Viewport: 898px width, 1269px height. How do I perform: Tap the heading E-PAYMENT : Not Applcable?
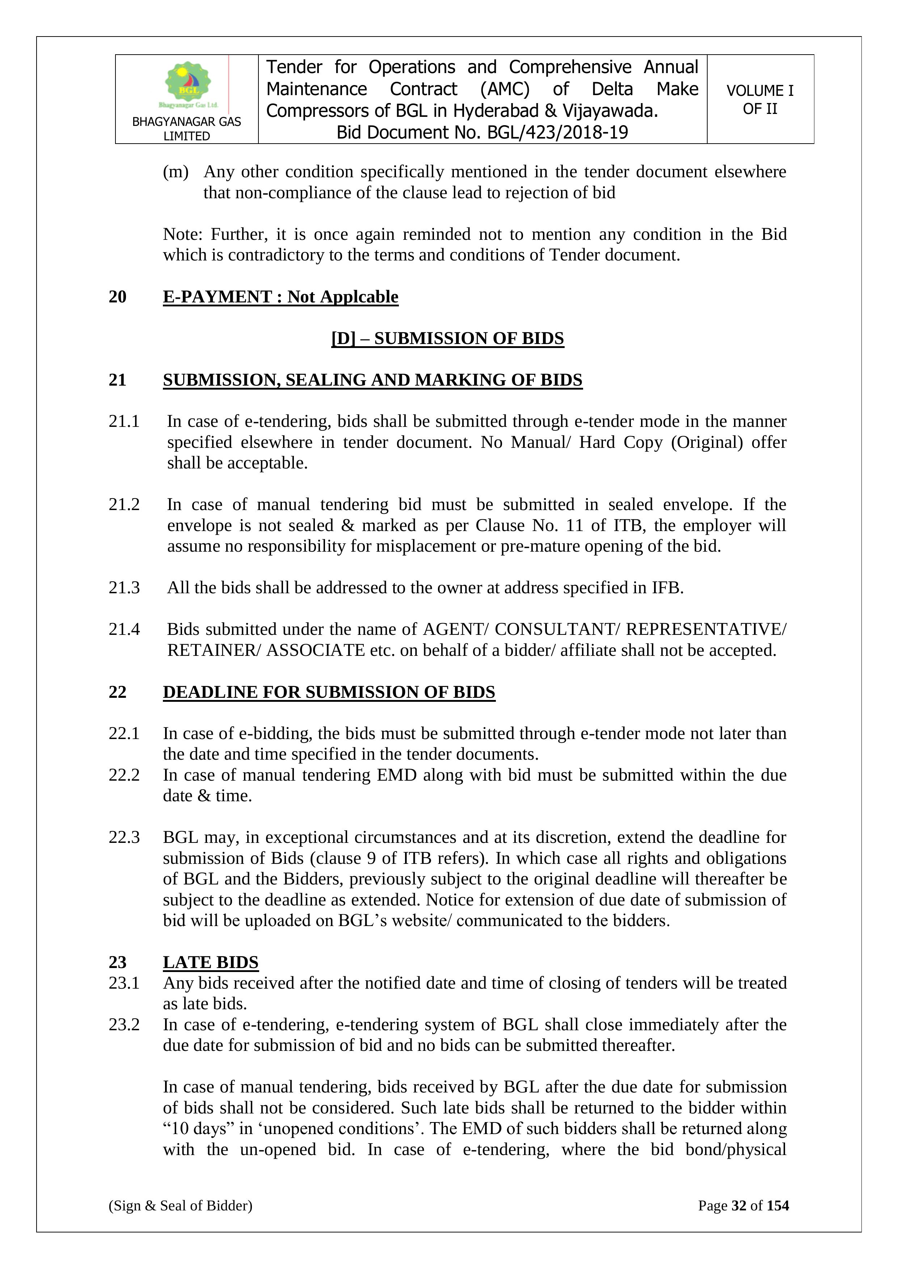click(281, 297)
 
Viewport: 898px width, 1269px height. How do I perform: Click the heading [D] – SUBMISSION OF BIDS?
click(447, 338)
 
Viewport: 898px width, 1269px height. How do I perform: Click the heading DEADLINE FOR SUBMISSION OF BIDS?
click(329, 692)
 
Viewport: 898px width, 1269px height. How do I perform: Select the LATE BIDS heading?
click(211, 962)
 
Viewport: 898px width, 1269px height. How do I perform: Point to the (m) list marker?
click(175, 172)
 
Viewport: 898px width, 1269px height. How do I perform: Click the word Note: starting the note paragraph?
click(183, 234)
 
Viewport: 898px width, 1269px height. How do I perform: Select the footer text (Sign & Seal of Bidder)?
click(180, 1205)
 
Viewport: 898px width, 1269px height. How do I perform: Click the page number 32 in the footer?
click(739, 1205)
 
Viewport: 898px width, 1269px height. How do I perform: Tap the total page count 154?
click(777, 1205)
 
